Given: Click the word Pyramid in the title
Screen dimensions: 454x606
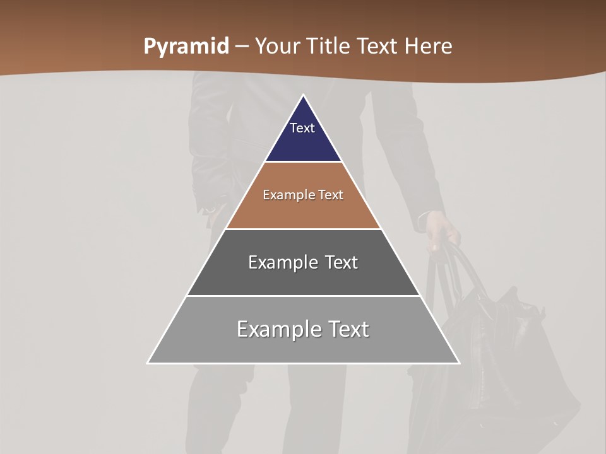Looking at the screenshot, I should tap(186, 47).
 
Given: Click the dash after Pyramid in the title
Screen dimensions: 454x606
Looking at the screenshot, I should tap(242, 47).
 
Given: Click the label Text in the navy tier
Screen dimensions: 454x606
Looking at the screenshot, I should tap(302, 128).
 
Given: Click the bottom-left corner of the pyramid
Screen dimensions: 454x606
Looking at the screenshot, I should tap(148, 363).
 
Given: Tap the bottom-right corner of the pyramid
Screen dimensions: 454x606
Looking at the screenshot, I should tap(458, 363).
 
